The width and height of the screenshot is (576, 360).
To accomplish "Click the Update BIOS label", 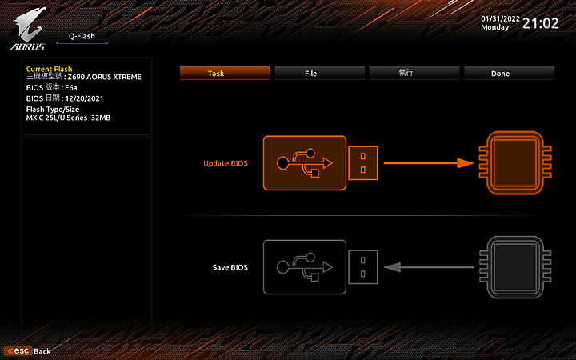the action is (x=226, y=163).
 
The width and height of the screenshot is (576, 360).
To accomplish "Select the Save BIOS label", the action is (x=230, y=267).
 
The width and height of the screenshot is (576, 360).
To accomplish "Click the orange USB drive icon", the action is (x=320, y=163).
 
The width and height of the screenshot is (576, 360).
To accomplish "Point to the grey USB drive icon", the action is (x=320, y=267).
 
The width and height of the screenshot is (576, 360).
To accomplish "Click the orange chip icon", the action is (x=515, y=162).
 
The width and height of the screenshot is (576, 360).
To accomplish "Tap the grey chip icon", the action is (x=515, y=267).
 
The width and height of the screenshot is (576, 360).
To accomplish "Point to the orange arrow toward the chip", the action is (x=429, y=163).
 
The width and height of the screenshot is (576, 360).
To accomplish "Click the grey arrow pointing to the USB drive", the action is (x=429, y=267).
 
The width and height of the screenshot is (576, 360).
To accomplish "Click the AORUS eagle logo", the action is (x=28, y=29).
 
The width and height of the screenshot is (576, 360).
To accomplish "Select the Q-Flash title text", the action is (x=82, y=36).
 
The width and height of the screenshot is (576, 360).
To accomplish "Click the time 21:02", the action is (x=540, y=23).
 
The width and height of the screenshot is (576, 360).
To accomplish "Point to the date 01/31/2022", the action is (x=500, y=18).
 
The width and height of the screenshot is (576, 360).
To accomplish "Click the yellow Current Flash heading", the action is (x=50, y=69).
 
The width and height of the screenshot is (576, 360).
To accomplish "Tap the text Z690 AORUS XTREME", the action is (x=104, y=77).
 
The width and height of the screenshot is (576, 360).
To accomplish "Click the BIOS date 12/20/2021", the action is (x=84, y=98).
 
